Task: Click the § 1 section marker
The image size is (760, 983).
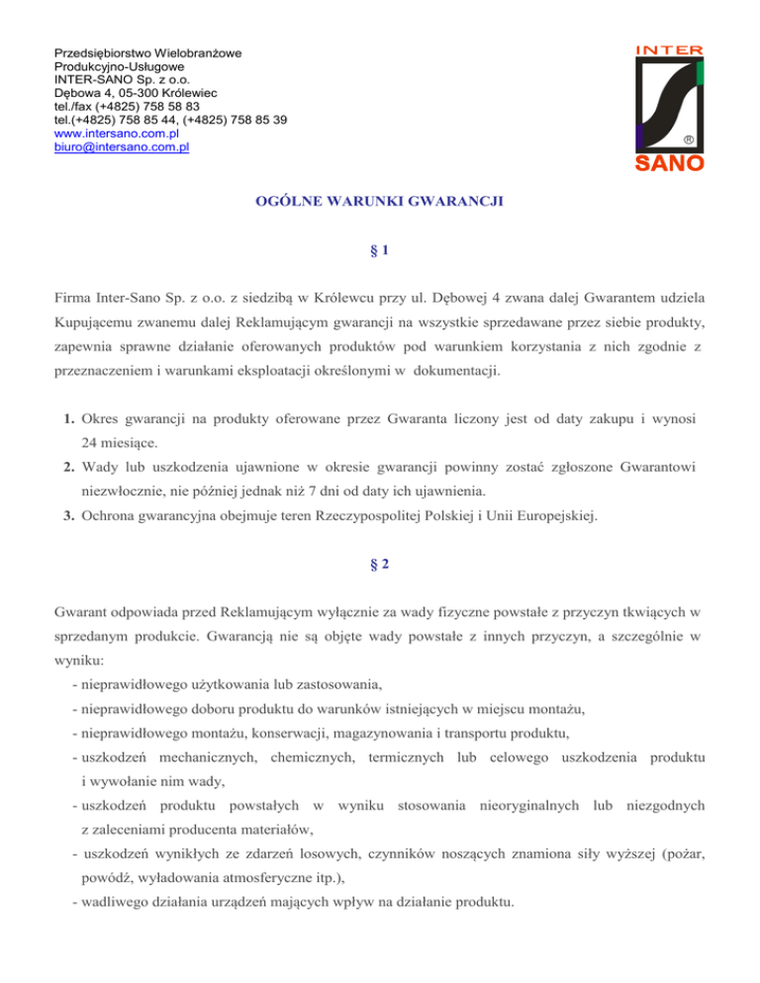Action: pos(379,252)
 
